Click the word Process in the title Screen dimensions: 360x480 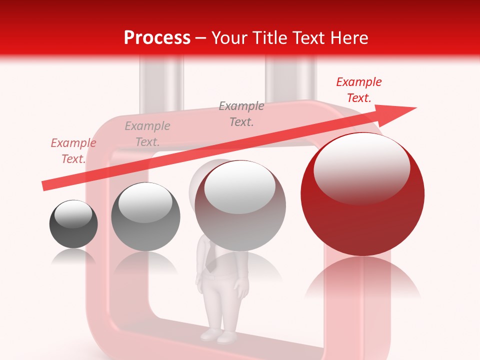tap(157, 38)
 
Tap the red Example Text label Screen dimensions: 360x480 tap(358, 90)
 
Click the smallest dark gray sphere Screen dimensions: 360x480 tap(73, 224)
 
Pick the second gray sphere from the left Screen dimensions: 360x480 tap(145, 216)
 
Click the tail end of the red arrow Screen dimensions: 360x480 tap(44, 186)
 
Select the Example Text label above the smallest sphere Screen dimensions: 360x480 tap(73, 151)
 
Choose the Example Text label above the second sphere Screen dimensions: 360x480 tap(147, 134)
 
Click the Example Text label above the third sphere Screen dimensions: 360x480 tap(241, 114)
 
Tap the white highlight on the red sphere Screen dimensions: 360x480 tap(361, 168)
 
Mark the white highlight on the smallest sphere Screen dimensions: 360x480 tap(73, 214)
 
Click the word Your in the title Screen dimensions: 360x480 tap(228, 38)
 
